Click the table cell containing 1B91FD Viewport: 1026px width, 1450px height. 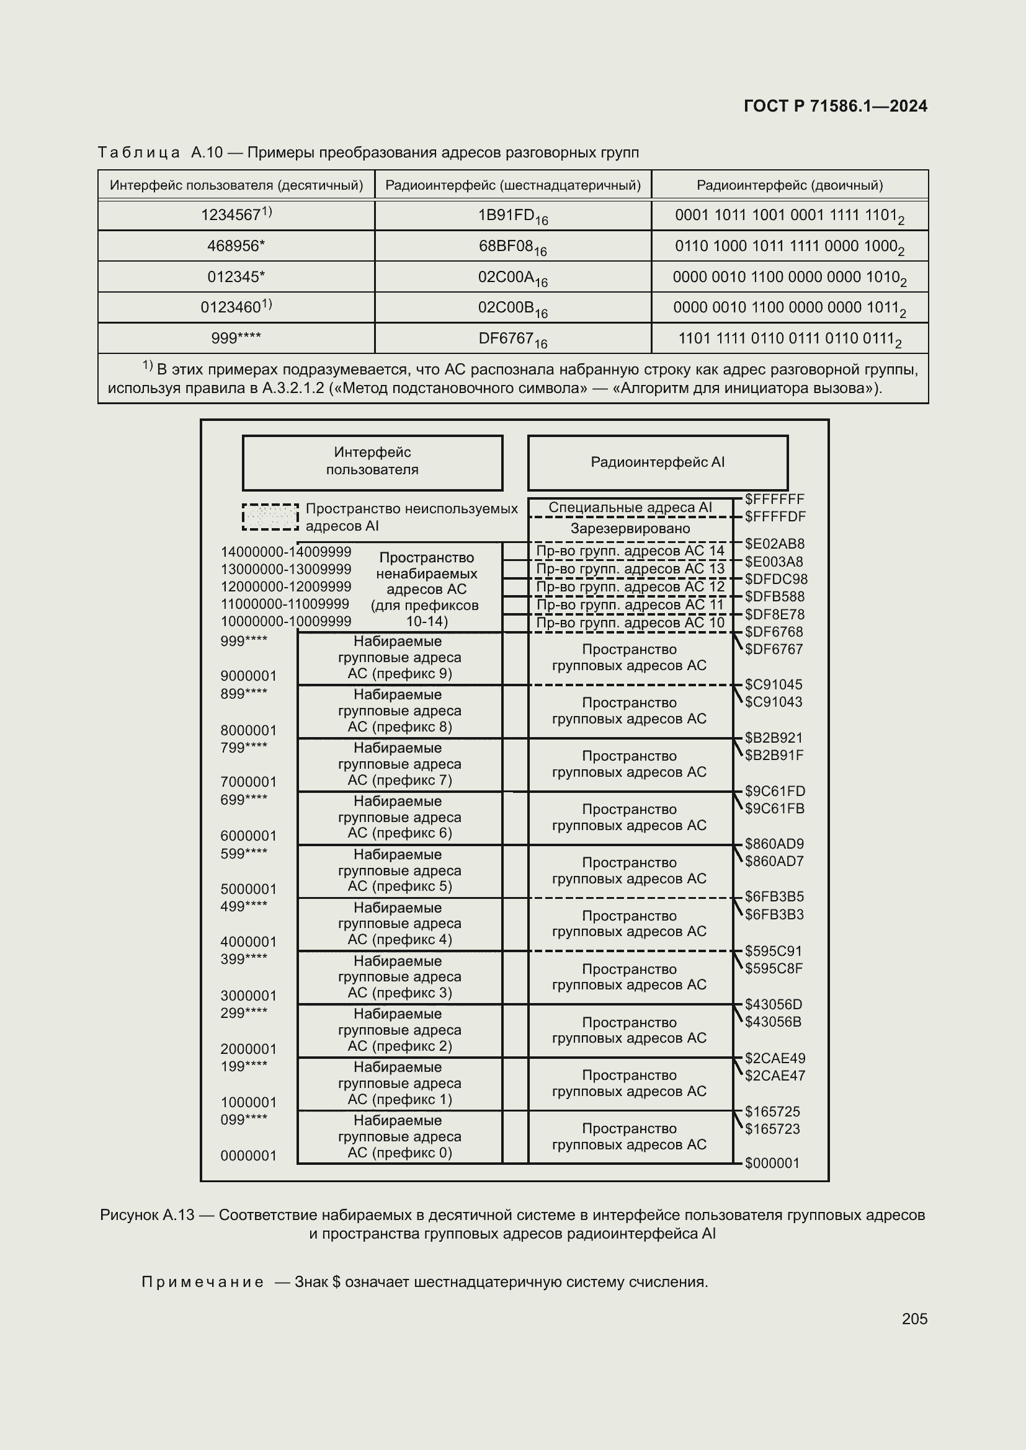[512, 215]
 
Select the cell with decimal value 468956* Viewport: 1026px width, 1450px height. [236, 245]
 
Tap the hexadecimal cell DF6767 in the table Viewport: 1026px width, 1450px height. [512, 338]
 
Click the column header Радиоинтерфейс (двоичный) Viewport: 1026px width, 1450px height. [789, 185]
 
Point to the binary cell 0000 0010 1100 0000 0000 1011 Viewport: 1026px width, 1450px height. [789, 307]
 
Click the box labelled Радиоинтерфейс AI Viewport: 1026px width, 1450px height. [658, 462]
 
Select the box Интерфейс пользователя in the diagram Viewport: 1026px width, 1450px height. [372, 462]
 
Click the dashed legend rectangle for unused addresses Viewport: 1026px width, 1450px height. [270, 516]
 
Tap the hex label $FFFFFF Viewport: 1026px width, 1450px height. [774, 499]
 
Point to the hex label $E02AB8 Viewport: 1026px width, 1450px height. [774, 544]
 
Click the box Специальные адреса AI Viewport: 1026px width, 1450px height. [630, 508]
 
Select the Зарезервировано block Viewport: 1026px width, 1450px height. [630, 529]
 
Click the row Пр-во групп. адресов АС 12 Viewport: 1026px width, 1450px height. [630, 586]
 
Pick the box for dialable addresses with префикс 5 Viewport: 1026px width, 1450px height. [399, 870]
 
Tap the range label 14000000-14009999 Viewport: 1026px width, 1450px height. [285, 552]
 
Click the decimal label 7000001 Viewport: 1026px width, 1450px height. [248, 782]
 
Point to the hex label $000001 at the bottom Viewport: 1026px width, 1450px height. [772, 1162]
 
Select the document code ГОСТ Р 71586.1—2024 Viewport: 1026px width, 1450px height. [835, 106]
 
